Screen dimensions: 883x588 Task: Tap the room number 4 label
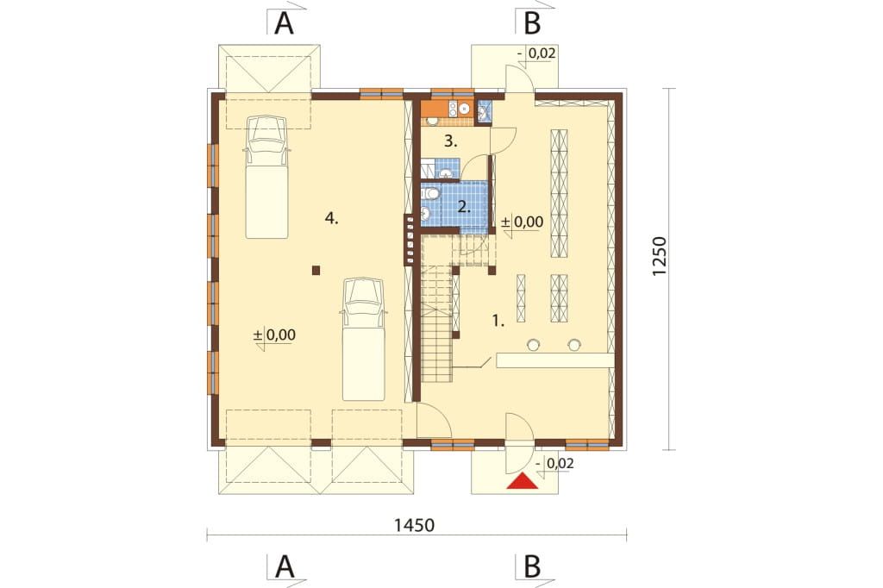332,219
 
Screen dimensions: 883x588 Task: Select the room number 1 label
498,321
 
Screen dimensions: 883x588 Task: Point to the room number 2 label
464,207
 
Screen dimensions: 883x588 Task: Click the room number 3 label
450,141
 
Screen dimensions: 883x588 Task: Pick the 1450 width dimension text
414,525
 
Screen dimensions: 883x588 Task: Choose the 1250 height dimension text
660,256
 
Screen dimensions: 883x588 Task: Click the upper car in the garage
267,177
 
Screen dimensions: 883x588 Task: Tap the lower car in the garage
364,339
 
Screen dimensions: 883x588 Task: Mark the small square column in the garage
316,271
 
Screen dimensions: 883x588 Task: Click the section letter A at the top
285,23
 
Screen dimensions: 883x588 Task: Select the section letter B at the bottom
532,566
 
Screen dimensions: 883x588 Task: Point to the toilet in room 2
431,194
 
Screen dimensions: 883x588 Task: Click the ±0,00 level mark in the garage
274,335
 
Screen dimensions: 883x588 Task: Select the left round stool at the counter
533,343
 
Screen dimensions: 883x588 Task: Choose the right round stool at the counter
573,343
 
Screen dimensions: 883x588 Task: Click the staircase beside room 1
437,324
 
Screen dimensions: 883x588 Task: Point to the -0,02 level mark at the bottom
555,464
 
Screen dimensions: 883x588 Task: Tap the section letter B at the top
532,23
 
